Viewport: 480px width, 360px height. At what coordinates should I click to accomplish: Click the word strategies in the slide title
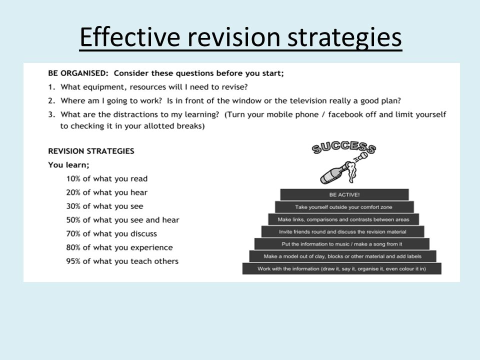tap(344, 37)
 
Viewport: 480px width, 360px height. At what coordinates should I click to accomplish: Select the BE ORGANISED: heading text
tap(78, 73)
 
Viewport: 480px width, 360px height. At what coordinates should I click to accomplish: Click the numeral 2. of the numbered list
tap(51, 100)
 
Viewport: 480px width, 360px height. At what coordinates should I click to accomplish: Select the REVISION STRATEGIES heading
tap(91, 151)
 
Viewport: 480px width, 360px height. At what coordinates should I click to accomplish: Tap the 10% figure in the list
tap(73, 179)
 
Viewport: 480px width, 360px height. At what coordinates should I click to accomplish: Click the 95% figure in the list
tap(73, 261)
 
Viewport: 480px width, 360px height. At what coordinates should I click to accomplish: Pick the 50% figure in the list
tap(73, 220)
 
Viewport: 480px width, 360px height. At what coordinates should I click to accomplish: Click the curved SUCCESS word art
tap(344, 147)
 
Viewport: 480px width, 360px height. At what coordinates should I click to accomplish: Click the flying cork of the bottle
tap(363, 156)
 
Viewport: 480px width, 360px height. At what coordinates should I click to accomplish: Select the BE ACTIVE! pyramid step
tap(344, 194)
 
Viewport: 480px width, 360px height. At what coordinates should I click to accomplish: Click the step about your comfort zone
tap(344, 207)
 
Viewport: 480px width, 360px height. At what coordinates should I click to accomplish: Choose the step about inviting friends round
tap(343, 231)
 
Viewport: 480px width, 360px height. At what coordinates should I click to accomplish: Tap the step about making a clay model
tap(343, 256)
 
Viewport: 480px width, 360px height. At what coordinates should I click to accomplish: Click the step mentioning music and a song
tap(342, 244)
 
